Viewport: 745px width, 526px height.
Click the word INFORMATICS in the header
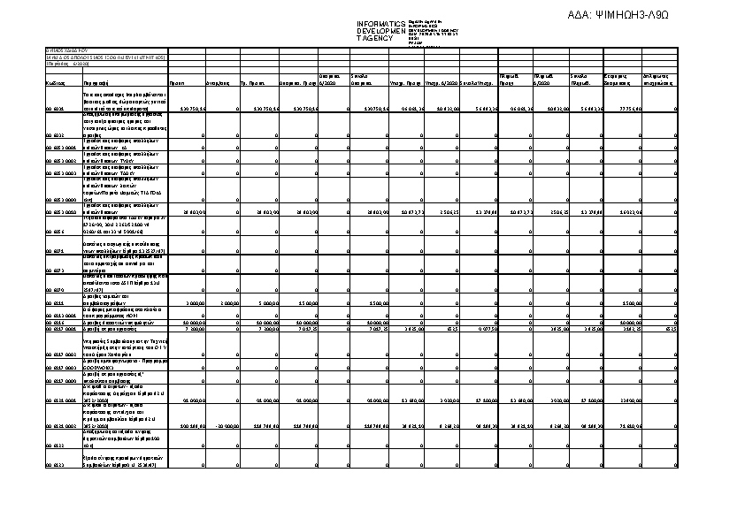(x=380, y=24)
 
